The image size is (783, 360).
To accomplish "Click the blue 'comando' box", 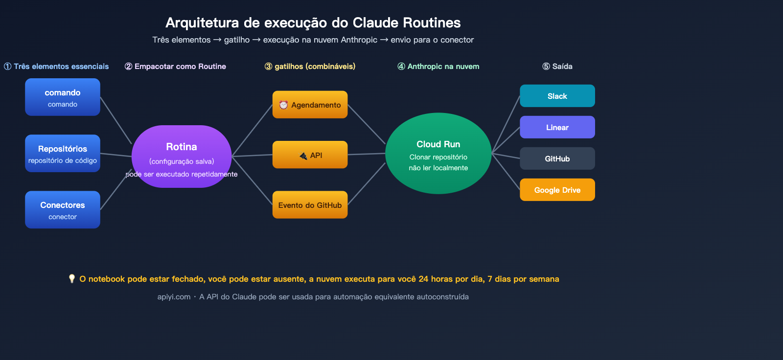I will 63,97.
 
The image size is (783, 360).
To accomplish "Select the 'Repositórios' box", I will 63,154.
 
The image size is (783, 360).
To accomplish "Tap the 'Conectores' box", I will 63,210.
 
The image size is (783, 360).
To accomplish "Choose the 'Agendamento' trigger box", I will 310,105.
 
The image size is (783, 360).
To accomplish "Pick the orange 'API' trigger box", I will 310,155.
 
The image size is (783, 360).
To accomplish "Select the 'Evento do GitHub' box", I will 310,205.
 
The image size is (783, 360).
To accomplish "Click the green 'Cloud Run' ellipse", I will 438,154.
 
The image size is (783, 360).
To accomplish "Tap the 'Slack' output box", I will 557,96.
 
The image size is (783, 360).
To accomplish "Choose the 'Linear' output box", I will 557,127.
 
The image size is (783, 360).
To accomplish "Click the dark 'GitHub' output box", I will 557,158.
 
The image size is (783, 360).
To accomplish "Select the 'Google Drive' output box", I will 557,190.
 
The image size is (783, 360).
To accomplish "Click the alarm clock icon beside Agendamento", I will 283,105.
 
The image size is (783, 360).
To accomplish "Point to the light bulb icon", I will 72,279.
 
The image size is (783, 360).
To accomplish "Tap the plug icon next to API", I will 303,156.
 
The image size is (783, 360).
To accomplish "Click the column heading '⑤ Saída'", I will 557,67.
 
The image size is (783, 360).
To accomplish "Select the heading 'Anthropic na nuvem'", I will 443,67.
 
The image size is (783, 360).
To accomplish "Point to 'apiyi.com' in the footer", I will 174,297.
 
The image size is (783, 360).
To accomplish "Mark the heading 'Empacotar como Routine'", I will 180,67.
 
